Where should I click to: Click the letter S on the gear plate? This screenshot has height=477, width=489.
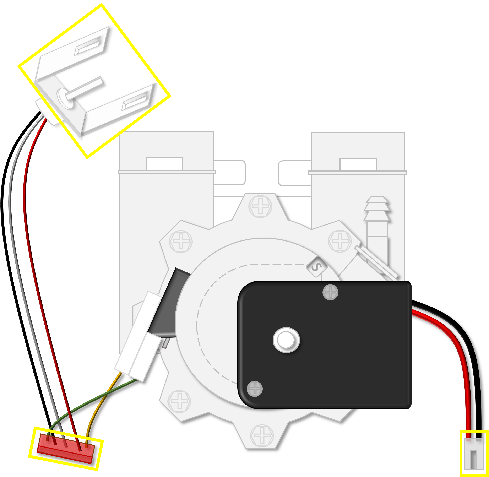(317, 267)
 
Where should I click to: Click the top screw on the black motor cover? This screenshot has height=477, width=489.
(330, 292)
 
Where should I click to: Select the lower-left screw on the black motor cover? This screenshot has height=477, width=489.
(255, 389)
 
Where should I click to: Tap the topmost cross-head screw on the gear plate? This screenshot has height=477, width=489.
(260, 206)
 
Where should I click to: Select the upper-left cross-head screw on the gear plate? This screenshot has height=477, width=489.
(181, 242)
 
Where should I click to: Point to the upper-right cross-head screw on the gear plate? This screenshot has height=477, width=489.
(340, 241)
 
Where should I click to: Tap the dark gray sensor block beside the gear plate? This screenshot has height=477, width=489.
(168, 303)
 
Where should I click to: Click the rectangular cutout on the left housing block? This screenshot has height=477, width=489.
(164, 164)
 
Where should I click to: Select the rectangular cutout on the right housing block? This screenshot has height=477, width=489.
(358, 165)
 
